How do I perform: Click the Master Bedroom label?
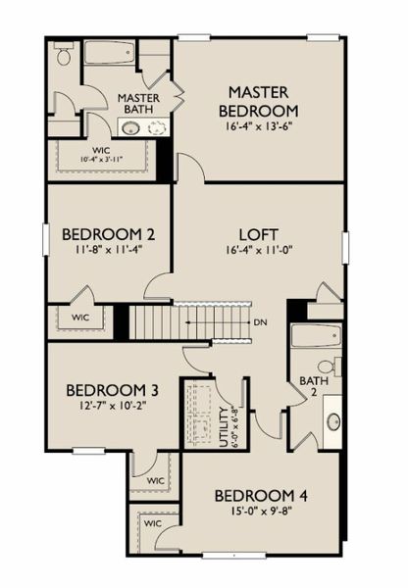tap(259, 102)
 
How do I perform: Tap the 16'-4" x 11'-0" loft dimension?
tap(259, 250)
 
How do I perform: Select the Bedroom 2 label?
tap(108, 234)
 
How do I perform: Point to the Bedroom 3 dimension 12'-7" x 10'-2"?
tap(112, 406)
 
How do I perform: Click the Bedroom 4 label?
tap(261, 496)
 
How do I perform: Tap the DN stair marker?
tap(261, 322)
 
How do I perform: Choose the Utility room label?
tap(224, 427)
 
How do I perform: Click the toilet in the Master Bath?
tap(63, 54)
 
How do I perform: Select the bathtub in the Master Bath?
tap(109, 52)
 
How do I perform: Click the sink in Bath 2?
tap(333, 421)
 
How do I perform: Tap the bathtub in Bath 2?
tap(317, 336)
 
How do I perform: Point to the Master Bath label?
tap(138, 104)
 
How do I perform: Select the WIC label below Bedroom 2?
tap(80, 318)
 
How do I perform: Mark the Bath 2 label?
tap(314, 386)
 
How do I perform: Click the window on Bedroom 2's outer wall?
tap(46, 240)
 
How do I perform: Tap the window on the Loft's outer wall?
tap(345, 248)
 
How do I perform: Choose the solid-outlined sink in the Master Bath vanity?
tap(131, 128)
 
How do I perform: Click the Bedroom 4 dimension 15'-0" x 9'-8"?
tap(259, 512)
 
